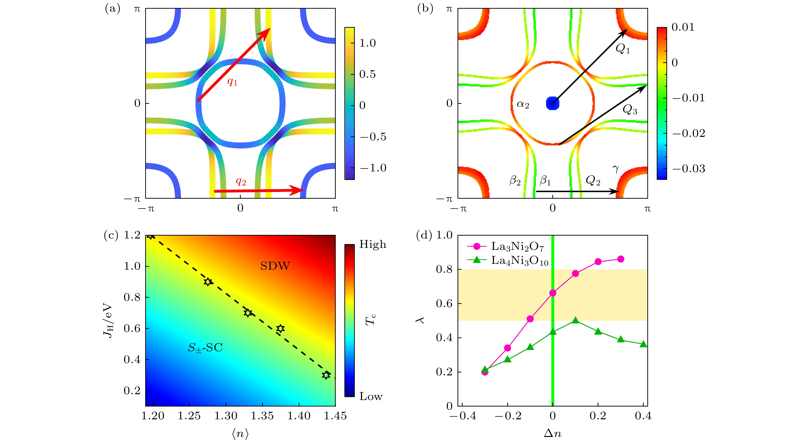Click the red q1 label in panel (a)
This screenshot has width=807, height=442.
(232, 82)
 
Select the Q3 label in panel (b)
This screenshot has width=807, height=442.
(630, 110)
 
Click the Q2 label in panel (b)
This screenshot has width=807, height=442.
(593, 181)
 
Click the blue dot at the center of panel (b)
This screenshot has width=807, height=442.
(552, 103)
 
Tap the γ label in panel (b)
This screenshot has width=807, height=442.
(616, 169)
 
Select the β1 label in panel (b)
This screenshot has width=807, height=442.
(545, 181)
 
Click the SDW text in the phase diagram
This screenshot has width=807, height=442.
(275, 266)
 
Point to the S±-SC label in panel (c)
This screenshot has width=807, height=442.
(205, 348)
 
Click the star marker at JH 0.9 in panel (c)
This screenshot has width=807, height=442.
(208, 282)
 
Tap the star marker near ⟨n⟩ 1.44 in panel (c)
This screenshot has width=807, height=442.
(326, 375)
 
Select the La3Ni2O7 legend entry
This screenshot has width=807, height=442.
(517, 247)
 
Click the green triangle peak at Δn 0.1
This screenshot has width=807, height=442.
(575, 320)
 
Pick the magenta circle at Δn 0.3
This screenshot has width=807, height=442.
(621, 259)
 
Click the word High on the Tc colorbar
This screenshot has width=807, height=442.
(372, 244)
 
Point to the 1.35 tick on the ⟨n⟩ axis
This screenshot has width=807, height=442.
(262, 416)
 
